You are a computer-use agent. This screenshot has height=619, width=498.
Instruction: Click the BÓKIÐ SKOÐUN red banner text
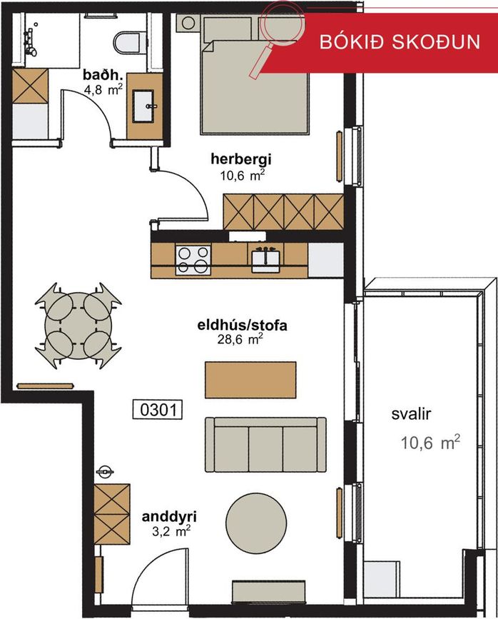tap(400, 41)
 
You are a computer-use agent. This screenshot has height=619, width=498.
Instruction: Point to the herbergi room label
tap(243, 160)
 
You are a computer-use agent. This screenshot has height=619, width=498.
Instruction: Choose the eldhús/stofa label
tap(242, 326)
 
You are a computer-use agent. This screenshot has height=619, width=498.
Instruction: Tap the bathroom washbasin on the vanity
tap(149, 107)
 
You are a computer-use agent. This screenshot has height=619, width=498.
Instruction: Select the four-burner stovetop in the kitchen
tap(193, 260)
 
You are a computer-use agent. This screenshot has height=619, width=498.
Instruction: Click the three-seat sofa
tap(265, 443)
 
